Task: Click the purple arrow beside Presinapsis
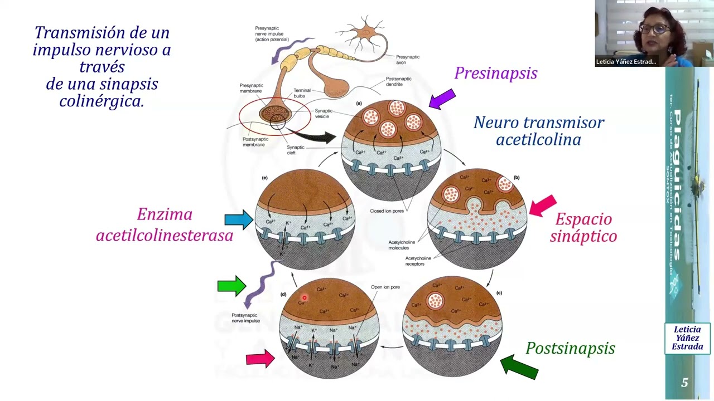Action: point(442,99)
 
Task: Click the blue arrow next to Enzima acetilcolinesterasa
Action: point(239,219)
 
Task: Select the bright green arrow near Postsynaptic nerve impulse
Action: point(231,286)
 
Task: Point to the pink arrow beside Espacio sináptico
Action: point(543,205)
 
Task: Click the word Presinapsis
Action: point(495,74)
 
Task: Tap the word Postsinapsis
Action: point(570,349)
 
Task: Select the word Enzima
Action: point(165,214)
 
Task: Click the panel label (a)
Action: point(359,103)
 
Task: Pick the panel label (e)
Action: point(265,178)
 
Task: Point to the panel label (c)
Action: point(499,292)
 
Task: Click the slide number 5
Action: point(684,383)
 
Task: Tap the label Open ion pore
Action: point(385,287)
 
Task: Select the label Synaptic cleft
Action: point(296,150)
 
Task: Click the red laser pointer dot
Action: point(305,298)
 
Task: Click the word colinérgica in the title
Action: point(102,101)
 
